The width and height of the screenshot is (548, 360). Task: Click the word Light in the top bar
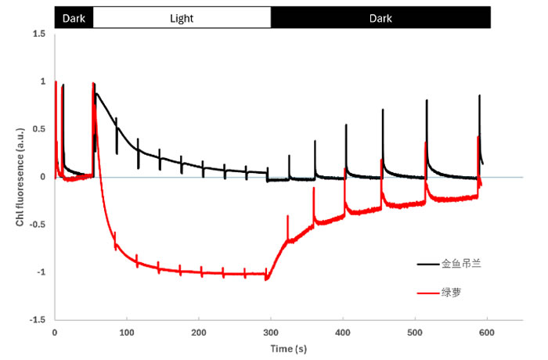(x=182, y=17)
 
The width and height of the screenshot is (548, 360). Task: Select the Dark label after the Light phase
(x=380, y=17)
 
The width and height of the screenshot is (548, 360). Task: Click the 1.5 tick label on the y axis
(x=38, y=34)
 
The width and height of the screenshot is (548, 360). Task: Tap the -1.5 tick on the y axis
(x=36, y=320)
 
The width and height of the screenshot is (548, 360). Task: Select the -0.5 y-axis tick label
(x=36, y=225)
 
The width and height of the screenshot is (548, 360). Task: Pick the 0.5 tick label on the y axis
(x=38, y=129)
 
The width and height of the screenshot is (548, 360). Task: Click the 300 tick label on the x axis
(x=270, y=332)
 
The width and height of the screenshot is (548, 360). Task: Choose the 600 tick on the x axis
(x=487, y=332)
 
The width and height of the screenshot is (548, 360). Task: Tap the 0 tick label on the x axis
(x=54, y=332)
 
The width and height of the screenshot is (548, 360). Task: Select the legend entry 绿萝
(x=452, y=293)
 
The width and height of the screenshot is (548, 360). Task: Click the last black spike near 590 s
(x=479, y=98)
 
